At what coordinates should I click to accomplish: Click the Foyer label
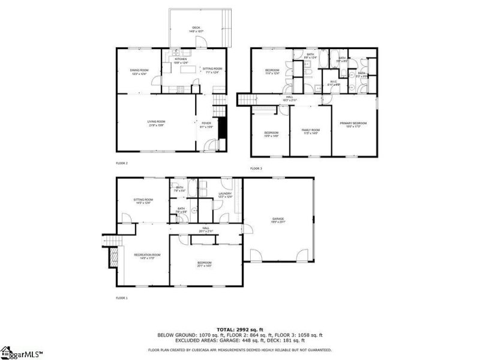[206, 124]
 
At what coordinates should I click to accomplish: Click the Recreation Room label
[146, 256]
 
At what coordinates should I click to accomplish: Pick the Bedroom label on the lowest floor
[205, 264]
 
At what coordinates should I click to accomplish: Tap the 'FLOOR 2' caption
[122, 163]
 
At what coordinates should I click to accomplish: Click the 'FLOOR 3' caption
[256, 169]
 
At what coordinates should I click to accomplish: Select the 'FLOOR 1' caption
[122, 298]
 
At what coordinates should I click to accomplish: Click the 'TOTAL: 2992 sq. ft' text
[240, 330]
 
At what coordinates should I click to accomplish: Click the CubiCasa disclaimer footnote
[240, 349]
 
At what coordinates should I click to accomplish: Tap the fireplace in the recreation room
[112, 258]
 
